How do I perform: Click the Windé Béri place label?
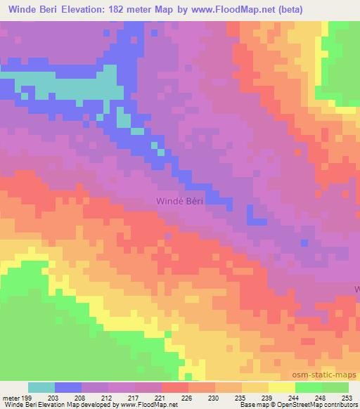click(179, 202)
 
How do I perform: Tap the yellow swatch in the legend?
click(281, 387)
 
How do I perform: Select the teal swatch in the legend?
click(41, 387)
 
